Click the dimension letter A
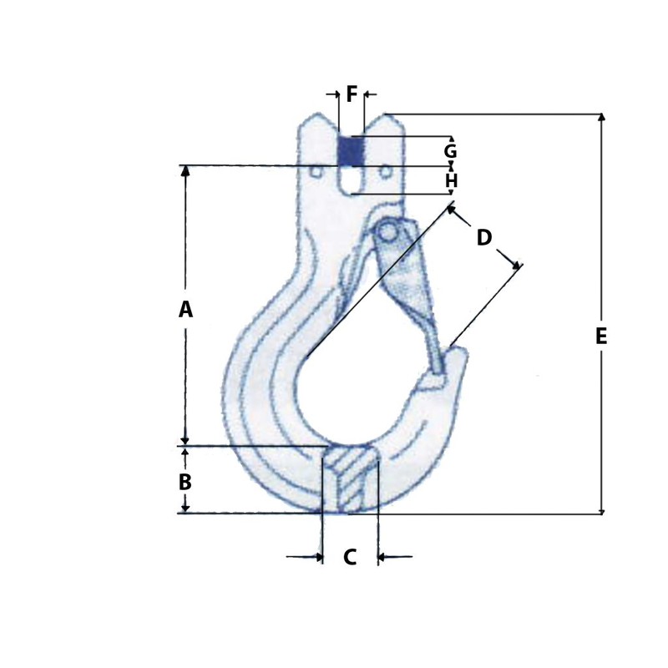[x=185, y=310]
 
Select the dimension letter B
[x=185, y=482]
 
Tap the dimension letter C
[x=350, y=558]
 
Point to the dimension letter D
[x=483, y=238]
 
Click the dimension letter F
[x=352, y=94]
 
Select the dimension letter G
[x=450, y=152]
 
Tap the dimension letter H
[x=451, y=181]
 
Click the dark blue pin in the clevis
[x=351, y=151]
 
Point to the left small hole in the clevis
[x=316, y=172]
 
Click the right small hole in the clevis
[x=385, y=172]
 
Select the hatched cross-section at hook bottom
[x=351, y=480]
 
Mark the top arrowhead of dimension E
[x=601, y=118]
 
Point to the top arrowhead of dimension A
[x=185, y=170]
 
